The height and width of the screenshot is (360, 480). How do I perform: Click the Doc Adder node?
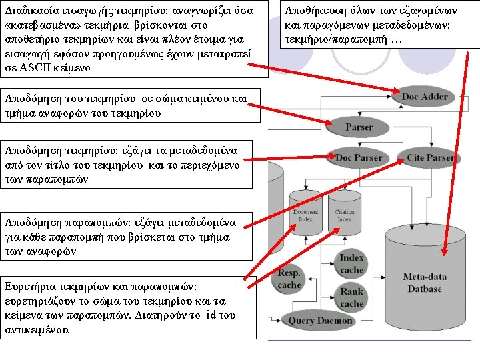(425, 97)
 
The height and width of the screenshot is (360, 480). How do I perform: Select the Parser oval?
(359, 127)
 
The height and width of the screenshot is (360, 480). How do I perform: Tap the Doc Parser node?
(359, 158)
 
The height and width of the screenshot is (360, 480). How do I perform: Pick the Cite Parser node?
(431, 158)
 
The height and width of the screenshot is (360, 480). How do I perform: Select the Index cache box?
(352, 264)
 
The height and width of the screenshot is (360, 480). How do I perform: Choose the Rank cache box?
(352, 297)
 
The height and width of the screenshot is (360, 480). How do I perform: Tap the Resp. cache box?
(289, 279)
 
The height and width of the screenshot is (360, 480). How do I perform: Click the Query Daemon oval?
(321, 321)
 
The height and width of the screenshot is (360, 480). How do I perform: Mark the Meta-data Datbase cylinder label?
(424, 283)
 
